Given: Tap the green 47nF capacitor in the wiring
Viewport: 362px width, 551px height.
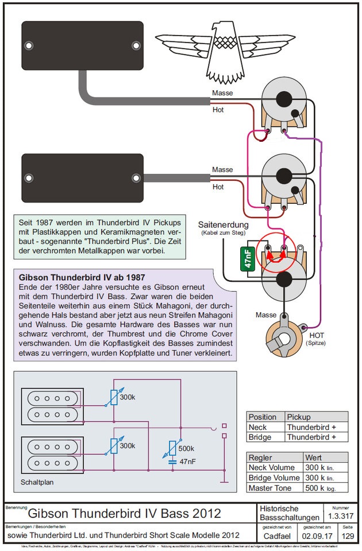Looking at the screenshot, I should click(x=247, y=258).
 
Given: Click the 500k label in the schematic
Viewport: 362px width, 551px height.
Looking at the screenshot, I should click(x=187, y=448).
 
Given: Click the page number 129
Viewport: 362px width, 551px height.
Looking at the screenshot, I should click(x=348, y=536).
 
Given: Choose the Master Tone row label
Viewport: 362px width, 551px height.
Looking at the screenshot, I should click(x=269, y=488).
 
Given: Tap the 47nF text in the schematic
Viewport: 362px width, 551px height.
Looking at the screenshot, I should click(x=188, y=461).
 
